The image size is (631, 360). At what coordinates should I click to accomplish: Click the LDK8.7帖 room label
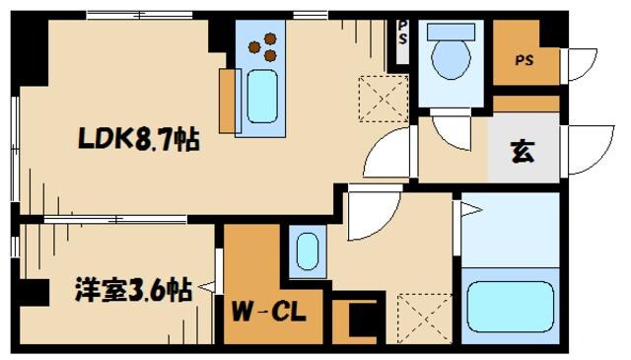click(139, 139)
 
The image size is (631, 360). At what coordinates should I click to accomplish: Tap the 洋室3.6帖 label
click(133, 289)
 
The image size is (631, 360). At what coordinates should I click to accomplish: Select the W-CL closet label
click(269, 312)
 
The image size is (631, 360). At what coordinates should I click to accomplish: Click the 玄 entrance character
click(524, 152)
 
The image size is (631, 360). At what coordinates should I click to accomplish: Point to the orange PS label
click(525, 60)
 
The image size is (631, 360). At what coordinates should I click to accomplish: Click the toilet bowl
click(451, 59)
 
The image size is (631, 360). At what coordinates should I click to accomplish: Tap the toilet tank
click(451, 32)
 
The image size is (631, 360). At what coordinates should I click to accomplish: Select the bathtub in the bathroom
click(511, 307)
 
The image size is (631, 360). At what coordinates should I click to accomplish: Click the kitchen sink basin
click(262, 97)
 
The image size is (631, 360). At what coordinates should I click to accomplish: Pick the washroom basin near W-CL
click(308, 252)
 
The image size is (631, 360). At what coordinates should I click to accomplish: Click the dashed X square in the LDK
click(384, 99)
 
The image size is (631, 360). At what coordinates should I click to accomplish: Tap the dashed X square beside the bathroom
click(425, 319)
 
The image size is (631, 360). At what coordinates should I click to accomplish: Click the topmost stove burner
click(270, 38)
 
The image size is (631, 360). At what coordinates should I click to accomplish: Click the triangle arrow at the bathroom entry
click(471, 210)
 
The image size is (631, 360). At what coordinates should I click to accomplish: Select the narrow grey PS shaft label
click(403, 33)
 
